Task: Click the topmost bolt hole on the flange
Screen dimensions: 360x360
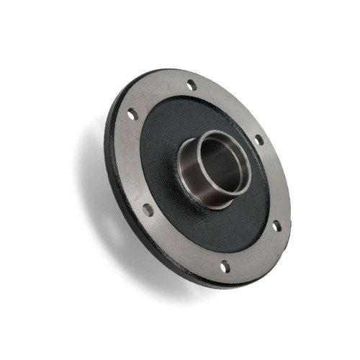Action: tap(192, 85)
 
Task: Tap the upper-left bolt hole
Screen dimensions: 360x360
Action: tap(132, 114)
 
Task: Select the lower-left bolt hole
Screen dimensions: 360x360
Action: tap(148, 210)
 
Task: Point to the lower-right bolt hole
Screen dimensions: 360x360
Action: tap(276, 226)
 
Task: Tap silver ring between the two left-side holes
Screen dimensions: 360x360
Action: tap(132, 162)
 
